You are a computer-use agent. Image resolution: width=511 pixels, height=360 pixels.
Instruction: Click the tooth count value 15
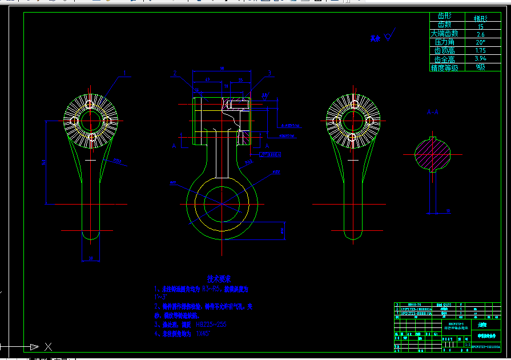480,26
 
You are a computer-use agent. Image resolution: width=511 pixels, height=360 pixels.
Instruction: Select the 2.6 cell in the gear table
480,34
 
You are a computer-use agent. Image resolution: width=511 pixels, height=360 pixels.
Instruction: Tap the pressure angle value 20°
480,42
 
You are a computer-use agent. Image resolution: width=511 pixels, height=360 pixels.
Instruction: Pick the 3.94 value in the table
480,59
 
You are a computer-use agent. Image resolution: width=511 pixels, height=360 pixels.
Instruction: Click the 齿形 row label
444,17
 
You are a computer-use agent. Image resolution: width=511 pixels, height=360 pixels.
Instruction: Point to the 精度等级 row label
445,67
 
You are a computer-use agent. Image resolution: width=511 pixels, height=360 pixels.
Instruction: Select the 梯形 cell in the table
480,18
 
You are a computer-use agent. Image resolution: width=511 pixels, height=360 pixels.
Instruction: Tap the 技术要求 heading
219,279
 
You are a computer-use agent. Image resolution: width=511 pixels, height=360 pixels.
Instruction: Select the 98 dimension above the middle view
222,69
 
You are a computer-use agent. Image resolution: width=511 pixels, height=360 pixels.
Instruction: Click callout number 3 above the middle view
269,73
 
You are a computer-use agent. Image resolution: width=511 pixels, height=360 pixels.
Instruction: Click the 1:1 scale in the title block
468,345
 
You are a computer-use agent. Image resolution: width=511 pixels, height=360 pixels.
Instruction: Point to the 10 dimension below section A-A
448,211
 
